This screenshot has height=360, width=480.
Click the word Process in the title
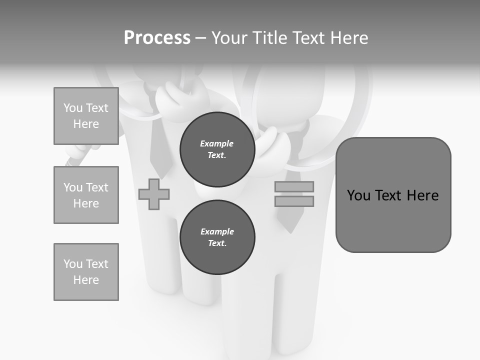click(157, 38)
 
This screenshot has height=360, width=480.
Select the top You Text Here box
click(86, 116)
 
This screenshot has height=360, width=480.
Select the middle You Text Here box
click(86, 195)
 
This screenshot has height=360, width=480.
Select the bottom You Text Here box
click(86, 272)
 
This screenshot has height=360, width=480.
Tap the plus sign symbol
click(154, 194)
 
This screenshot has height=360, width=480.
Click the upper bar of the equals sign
click(294, 186)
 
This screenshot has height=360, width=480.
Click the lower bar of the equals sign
click(294, 201)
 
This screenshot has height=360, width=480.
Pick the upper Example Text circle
click(217, 149)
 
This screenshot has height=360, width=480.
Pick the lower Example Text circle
click(217, 237)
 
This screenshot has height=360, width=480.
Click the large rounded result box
click(393, 220)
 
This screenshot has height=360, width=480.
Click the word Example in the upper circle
click(217, 143)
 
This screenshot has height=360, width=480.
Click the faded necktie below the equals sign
click(291, 220)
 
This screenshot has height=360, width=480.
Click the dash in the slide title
click(201, 38)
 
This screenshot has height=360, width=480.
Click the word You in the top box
click(73, 108)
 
